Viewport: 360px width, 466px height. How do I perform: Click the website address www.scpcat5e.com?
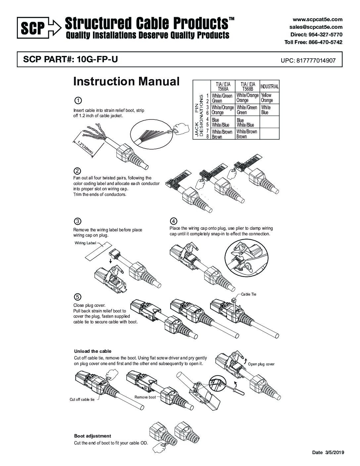[317, 20]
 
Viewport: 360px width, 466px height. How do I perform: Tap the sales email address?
[316, 27]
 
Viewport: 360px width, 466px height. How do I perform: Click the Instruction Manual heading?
[126, 81]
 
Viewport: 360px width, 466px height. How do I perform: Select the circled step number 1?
[77, 100]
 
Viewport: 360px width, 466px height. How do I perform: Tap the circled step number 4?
[173, 221]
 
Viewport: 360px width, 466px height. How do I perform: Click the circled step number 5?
[77, 297]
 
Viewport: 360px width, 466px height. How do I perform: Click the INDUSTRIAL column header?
[269, 87]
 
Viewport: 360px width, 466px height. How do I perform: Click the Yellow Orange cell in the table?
[267, 98]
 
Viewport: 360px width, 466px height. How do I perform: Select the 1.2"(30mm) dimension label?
[85, 148]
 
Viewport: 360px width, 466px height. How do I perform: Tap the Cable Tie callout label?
[248, 294]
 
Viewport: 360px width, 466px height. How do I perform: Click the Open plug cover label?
[261, 364]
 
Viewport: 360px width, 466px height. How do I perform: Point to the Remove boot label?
[145, 397]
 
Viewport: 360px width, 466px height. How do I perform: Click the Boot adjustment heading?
[93, 436]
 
